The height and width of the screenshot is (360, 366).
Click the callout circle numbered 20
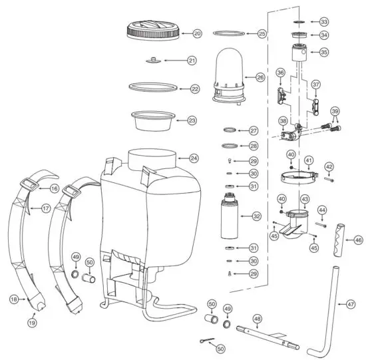(197, 33)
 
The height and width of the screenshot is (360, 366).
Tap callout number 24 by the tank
(194, 158)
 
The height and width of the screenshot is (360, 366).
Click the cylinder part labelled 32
(229, 217)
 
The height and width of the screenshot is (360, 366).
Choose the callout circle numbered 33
(323, 22)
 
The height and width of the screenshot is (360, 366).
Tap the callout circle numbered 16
(54, 189)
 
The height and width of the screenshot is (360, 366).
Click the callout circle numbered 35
(323, 51)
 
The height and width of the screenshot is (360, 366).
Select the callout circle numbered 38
(283, 121)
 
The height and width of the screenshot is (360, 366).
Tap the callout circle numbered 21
(192, 61)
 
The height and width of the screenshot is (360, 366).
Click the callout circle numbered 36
(280, 73)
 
